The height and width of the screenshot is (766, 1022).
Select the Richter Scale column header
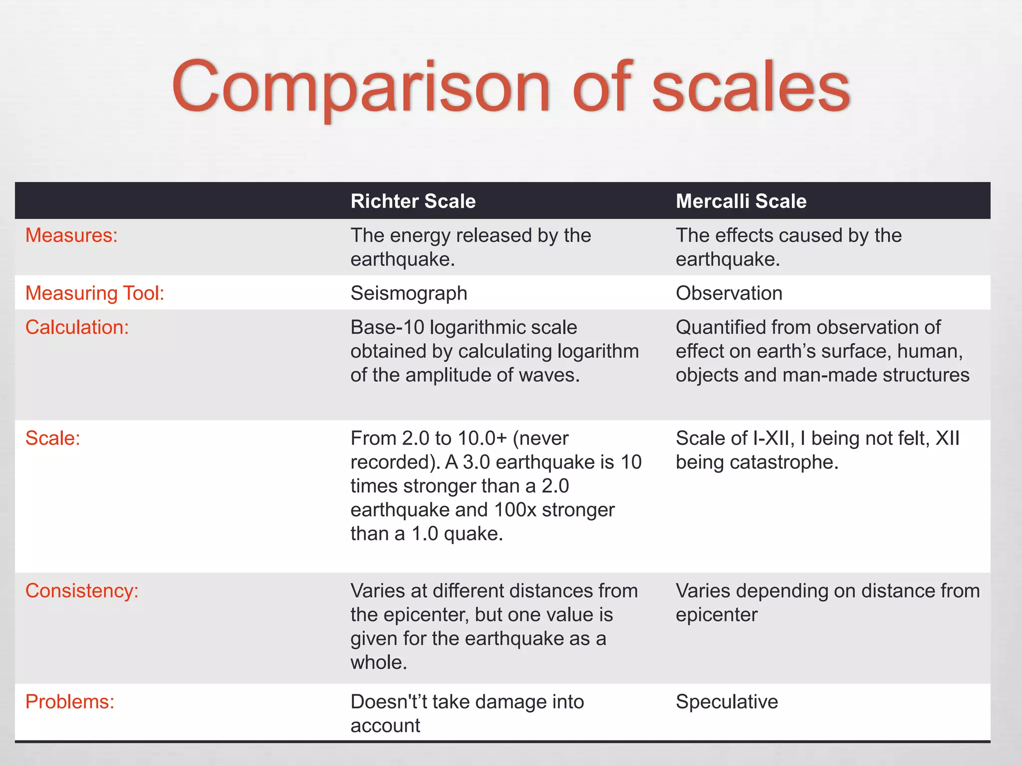click(x=413, y=201)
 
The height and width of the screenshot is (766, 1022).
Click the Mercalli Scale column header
click(x=741, y=201)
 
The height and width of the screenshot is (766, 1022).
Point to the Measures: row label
click(x=71, y=235)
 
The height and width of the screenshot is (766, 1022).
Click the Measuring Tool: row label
click(x=95, y=293)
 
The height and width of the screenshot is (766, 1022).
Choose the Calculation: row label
click(x=77, y=327)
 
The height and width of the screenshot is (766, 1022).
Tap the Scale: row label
click(x=52, y=438)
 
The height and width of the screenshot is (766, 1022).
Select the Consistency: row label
click(x=82, y=591)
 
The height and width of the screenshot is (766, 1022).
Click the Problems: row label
click(x=70, y=702)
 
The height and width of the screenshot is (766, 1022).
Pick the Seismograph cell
click(x=409, y=293)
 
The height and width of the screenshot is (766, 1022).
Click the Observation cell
click(x=729, y=293)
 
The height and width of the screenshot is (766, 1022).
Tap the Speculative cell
click(x=727, y=702)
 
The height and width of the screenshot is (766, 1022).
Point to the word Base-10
click(x=387, y=327)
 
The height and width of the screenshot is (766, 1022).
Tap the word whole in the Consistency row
click(x=377, y=663)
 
